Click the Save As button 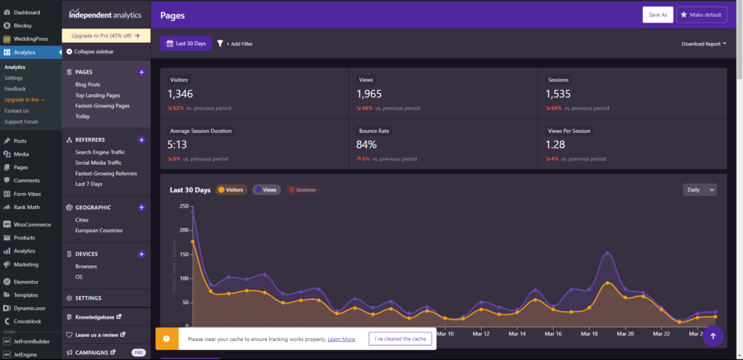pyautogui.click(x=657, y=15)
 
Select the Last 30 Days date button pyautogui.click(x=186, y=44)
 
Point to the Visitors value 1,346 pyautogui.click(x=181, y=94)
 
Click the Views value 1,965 pyautogui.click(x=371, y=94)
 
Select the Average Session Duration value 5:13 pyautogui.click(x=178, y=144)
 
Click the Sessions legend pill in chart pyautogui.click(x=301, y=189)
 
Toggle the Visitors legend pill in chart pyautogui.click(x=230, y=189)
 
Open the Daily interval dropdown pyautogui.click(x=699, y=189)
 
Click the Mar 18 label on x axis pyautogui.click(x=590, y=334)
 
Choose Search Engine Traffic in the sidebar pyautogui.click(x=99, y=152)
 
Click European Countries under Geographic pyautogui.click(x=99, y=230)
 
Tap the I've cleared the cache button pyautogui.click(x=401, y=339)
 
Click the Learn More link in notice pyautogui.click(x=341, y=339)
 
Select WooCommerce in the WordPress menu pyautogui.click(x=32, y=224)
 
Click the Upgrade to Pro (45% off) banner pyautogui.click(x=106, y=35)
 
